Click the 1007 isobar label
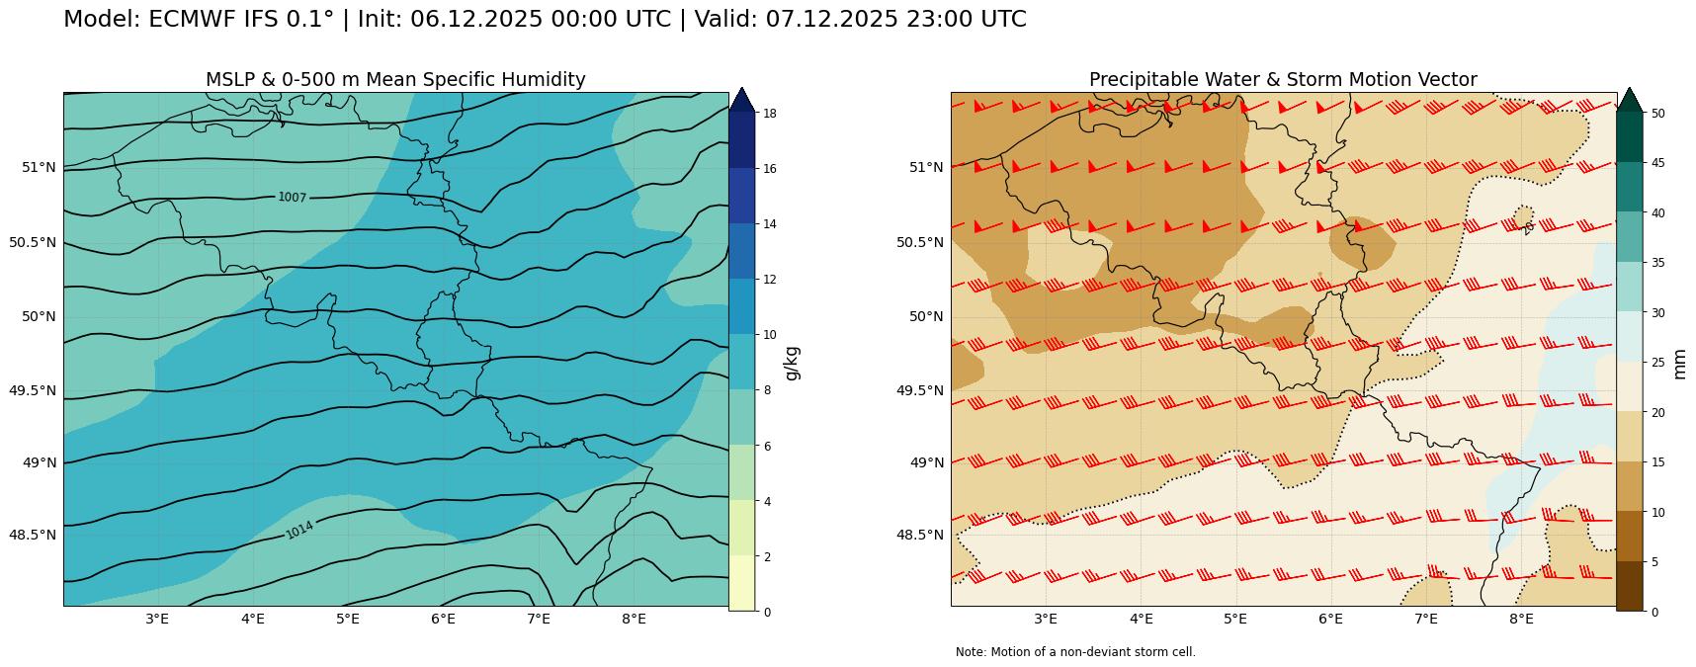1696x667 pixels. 292,198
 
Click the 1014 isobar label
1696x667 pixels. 299,530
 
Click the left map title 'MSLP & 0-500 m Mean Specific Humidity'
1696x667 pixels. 395,80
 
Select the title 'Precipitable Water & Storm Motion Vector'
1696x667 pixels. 1283,80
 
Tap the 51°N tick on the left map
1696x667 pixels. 39,167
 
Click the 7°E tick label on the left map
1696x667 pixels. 539,620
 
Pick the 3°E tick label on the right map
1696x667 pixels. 1046,620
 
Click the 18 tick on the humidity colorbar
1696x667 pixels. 769,114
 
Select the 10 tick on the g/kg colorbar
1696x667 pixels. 769,335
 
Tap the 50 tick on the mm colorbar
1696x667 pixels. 1657,114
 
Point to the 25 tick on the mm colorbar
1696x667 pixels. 1657,363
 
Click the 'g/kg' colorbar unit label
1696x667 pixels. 791,363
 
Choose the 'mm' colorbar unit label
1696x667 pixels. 1679,363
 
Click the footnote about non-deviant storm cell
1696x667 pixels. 1075,652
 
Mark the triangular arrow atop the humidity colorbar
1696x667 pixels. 741,100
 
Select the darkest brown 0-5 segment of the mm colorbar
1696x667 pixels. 1629,586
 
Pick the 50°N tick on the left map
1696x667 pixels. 39,316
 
